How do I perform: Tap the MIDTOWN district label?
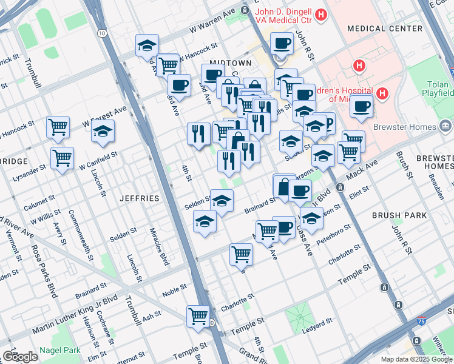click(230, 63)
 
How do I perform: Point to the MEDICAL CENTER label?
click(384, 29)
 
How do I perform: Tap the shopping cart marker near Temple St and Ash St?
click(198, 316)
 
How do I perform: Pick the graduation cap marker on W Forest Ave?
click(103, 130)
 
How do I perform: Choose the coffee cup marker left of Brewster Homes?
click(362, 106)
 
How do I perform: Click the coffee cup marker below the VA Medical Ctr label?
click(281, 44)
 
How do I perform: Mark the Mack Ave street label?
click(362, 170)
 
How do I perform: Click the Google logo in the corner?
click(19, 357)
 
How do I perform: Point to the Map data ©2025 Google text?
click(416, 359)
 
